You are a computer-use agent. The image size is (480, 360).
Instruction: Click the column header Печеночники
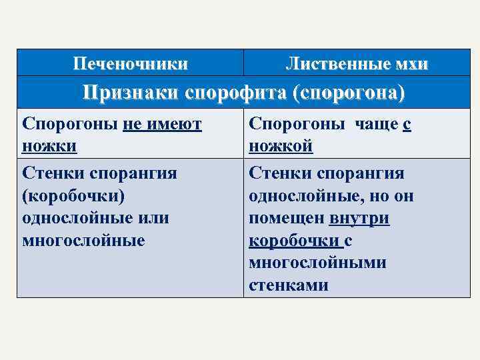(130, 64)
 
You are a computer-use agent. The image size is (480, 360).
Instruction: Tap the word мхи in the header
(411, 64)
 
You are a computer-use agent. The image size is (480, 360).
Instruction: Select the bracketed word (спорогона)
(348, 93)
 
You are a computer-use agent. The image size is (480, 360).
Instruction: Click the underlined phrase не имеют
(162, 124)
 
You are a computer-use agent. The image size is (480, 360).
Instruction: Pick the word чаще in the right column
(375, 124)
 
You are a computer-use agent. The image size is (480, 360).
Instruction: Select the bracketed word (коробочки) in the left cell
(73, 195)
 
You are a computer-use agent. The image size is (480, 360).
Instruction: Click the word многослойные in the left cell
(83, 239)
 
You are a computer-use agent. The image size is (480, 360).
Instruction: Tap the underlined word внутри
(359, 217)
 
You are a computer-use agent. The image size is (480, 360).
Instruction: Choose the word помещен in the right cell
(286, 217)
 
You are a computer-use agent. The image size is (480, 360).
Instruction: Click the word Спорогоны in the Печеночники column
(70, 124)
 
